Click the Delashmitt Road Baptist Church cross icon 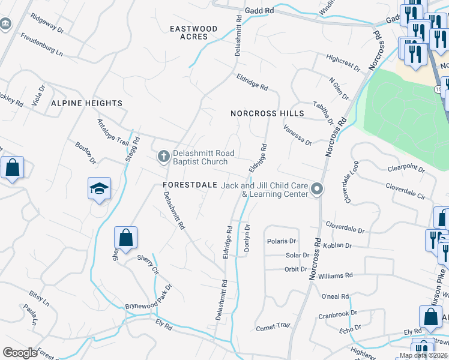pos(163,157)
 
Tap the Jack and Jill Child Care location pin pos(318,190)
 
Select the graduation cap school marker pos(99,189)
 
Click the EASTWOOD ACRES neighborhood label pos(193,32)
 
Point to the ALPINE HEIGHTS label pos(86,103)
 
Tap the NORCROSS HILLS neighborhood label pos(267,113)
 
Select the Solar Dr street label pos(297,256)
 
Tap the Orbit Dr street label pos(295,269)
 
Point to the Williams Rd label pos(336,276)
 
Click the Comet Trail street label pos(273,327)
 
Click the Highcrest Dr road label pos(343,62)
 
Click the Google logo pos(20,353)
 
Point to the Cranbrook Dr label pos(337,314)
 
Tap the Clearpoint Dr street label pos(406,169)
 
